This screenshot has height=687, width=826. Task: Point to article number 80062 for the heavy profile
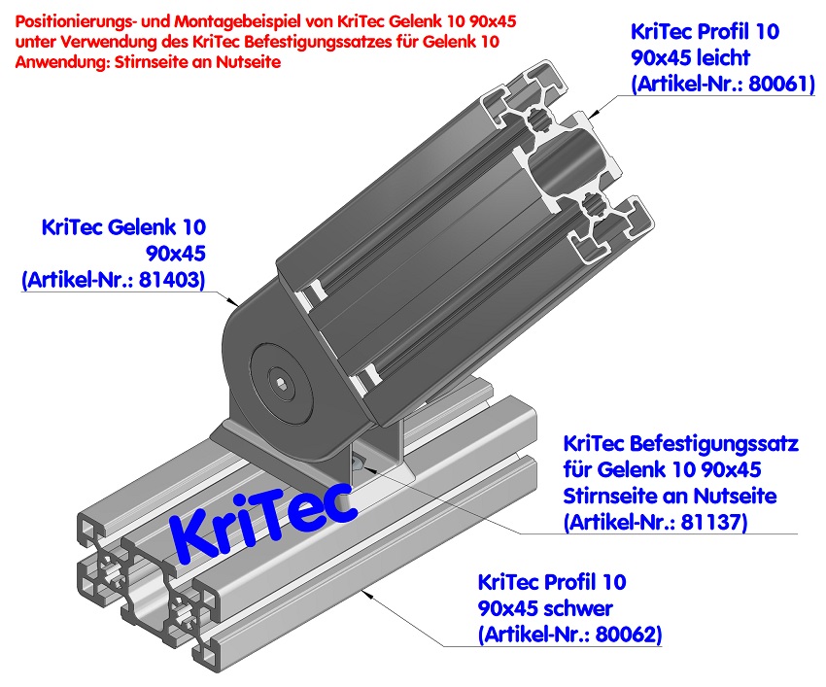click(621, 635)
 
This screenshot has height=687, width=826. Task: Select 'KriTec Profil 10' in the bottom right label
click(552, 583)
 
